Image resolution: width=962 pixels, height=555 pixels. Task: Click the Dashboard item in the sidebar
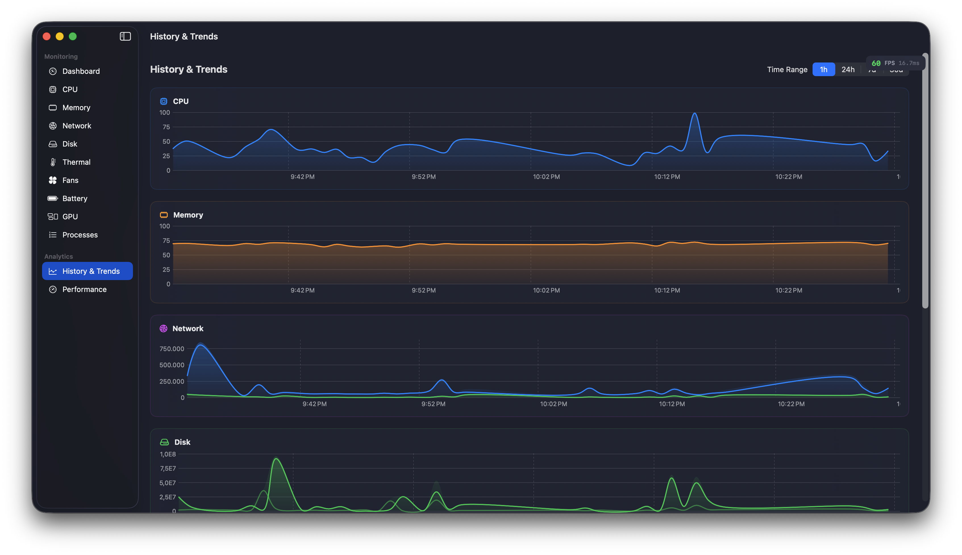[81, 71]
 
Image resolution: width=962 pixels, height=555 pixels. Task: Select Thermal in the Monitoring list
[76, 162]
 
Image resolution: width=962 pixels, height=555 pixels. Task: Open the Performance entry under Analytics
[84, 289]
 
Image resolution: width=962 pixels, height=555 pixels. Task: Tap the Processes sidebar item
[80, 235]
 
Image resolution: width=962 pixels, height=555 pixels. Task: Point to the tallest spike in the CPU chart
[694, 114]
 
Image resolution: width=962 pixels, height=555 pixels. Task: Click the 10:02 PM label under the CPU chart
[546, 177]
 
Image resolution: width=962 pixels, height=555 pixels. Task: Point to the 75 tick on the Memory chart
[166, 241]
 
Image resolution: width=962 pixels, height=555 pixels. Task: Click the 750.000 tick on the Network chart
[172, 349]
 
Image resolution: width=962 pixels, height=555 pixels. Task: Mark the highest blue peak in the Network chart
[201, 345]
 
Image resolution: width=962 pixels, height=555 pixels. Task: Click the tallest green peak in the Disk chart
[276, 459]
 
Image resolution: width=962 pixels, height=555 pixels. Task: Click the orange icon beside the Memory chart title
[164, 215]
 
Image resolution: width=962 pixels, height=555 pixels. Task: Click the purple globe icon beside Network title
[163, 329]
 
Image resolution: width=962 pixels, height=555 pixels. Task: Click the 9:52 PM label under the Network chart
[433, 404]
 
